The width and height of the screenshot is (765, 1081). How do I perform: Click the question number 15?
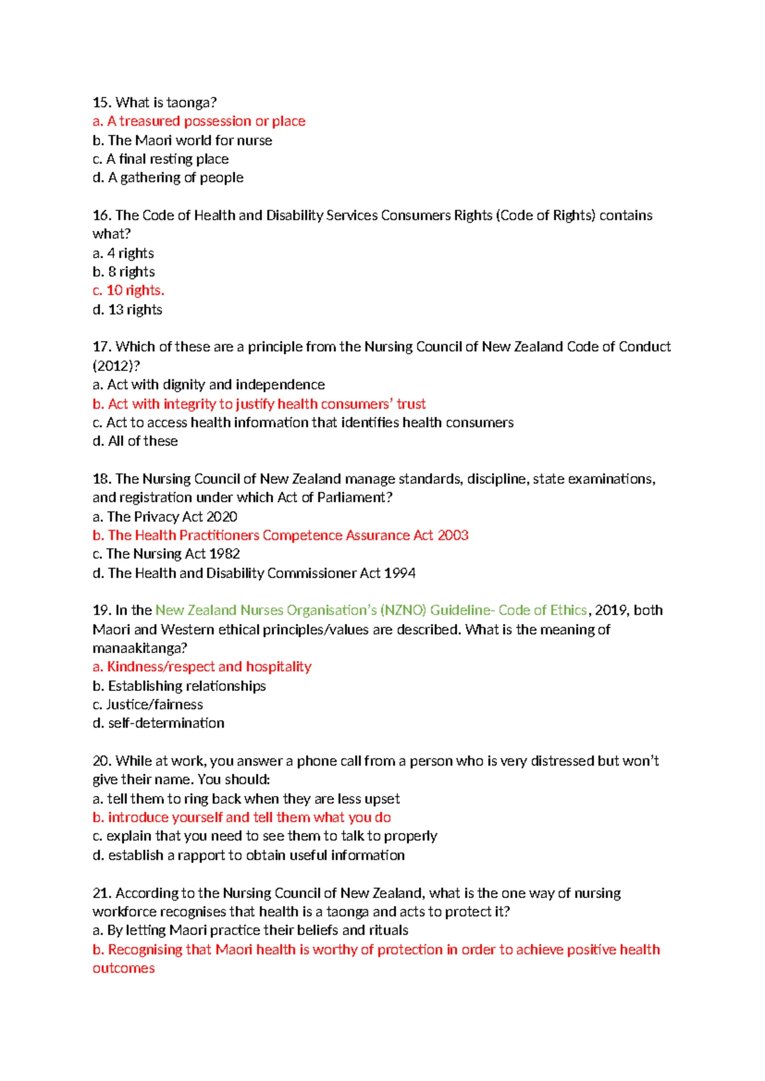point(102,103)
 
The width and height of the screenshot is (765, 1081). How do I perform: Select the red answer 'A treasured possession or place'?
point(199,121)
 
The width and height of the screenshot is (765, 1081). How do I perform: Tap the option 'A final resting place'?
point(161,159)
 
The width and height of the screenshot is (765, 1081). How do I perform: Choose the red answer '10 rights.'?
point(129,291)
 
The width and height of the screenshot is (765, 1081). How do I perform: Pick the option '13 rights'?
point(127,310)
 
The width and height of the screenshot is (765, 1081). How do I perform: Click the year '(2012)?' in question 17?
point(116,366)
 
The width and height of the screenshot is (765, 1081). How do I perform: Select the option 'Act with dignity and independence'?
point(208,385)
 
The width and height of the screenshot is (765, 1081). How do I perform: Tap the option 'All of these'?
point(135,441)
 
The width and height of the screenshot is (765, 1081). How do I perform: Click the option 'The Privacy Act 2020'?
point(165,516)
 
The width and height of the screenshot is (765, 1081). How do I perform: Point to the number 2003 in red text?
point(453,535)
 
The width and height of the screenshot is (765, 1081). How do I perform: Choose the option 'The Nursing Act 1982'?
point(166,554)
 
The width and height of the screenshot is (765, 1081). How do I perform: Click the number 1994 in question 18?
point(400,573)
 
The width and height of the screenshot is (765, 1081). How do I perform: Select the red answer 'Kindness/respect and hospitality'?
point(202,667)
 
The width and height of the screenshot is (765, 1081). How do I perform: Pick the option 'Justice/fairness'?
point(148,704)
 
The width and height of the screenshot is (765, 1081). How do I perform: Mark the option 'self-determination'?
point(159,723)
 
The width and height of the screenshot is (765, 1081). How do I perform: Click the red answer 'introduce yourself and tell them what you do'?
point(242,818)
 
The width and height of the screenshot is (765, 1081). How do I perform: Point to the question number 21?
point(102,893)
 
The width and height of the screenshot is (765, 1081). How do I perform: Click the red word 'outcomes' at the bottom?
point(124,968)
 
